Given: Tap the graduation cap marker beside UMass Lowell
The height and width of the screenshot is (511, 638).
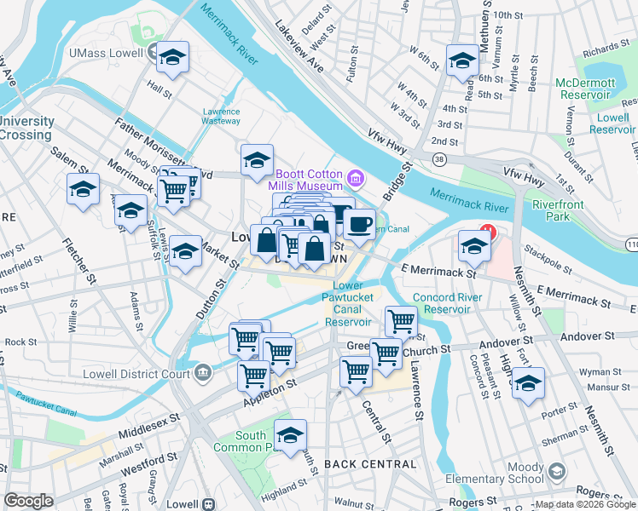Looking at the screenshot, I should coord(172,58).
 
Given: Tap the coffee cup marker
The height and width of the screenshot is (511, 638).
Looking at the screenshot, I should coord(359,225).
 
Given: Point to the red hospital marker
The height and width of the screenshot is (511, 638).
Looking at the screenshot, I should coord(487,232).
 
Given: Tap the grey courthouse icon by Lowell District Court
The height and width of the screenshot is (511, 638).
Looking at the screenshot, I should coord(203,371).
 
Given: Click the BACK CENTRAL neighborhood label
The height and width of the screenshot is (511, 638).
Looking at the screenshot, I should coord(370,464).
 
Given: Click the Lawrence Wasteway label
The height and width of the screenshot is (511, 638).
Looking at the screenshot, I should coord(221,116).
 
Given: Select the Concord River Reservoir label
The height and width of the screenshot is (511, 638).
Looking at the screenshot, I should coord(448,303).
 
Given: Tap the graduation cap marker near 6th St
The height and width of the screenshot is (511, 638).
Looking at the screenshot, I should coord(462,60).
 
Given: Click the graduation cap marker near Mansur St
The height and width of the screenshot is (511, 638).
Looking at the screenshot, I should coord(528,383).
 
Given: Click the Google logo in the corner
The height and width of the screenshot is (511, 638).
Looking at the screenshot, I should coord(27,501).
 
